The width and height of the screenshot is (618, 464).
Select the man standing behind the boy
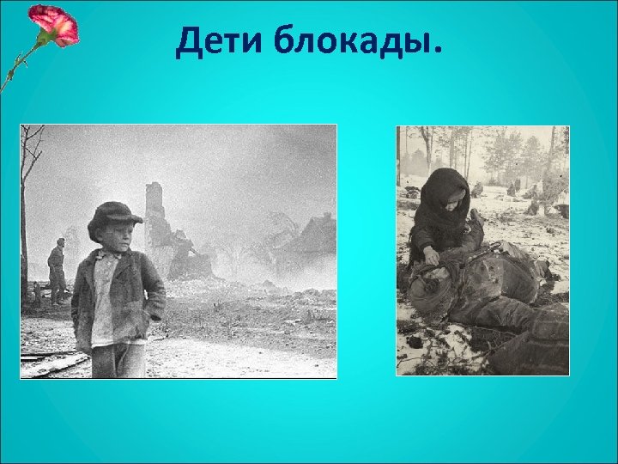click(x=57, y=271)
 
